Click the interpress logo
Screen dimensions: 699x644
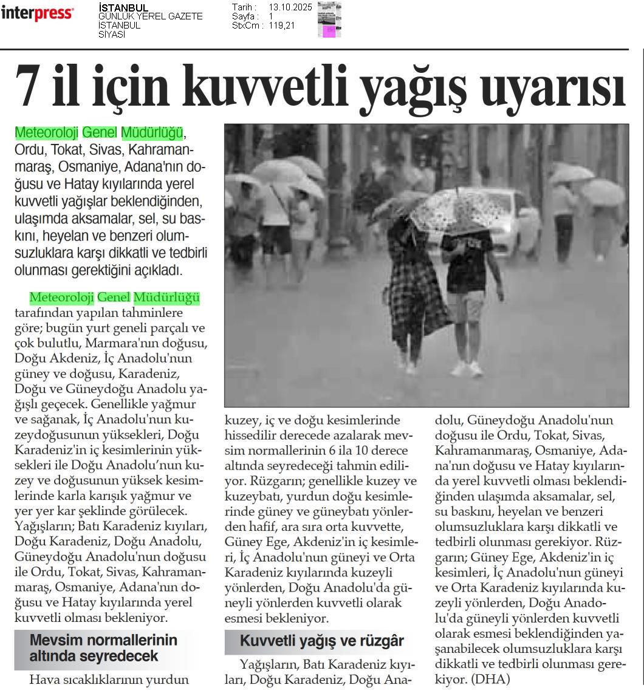[38, 13]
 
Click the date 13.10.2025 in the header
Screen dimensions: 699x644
[290, 7]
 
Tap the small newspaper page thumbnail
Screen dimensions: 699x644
[329, 20]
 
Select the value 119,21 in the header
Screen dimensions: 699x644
[282, 26]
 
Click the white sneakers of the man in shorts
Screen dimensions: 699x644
[467, 369]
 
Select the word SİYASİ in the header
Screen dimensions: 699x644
[112, 35]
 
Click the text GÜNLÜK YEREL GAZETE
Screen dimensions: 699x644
[150, 16]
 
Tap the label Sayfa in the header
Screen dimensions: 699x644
[244, 16]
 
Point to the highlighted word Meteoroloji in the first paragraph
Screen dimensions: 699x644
[46, 132]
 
